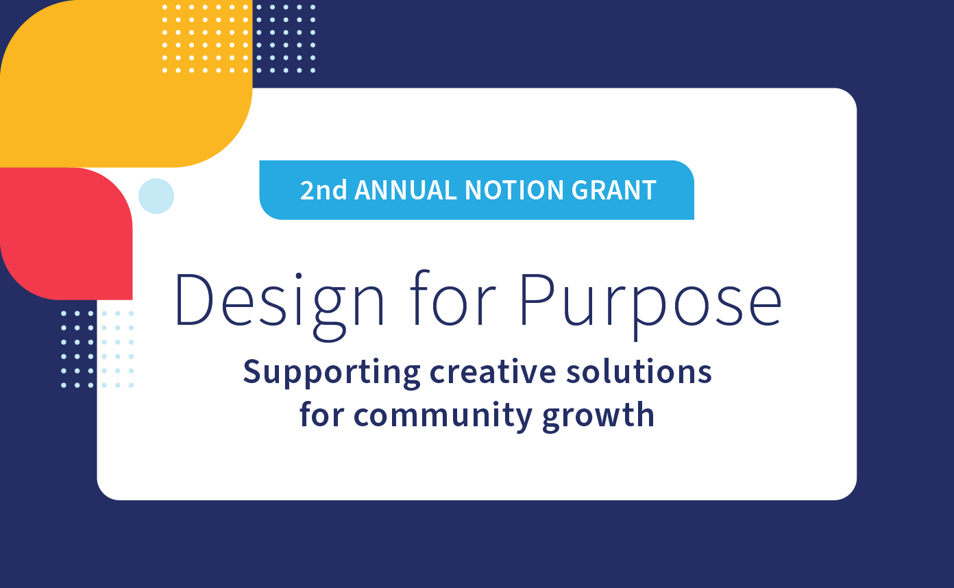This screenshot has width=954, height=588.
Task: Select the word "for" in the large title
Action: pyautogui.click(x=452, y=299)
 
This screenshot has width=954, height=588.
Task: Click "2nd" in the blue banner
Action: pyautogui.click(x=323, y=191)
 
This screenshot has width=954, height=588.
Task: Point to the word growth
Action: pyautogui.click(x=598, y=416)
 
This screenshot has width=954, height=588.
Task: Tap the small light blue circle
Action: pyautogui.click(x=156, y=196)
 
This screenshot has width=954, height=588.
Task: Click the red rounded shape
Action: pyautogui.click(x=66, y=233)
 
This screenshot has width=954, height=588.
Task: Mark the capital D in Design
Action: pyautogui.click(x=195, y=299)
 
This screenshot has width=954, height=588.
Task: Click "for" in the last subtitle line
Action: pyautogui.click(x=321, y=415)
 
